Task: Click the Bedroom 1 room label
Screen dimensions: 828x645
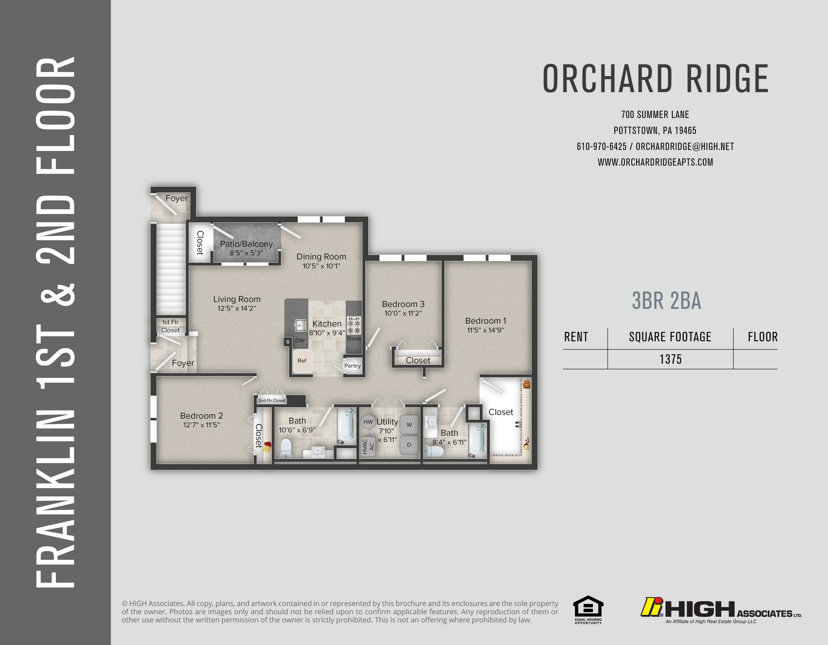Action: point(485,321)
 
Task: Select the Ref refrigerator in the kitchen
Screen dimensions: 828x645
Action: point(302,361)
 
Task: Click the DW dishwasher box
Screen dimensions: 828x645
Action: point(300,340)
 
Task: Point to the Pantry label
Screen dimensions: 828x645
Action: point(353,366)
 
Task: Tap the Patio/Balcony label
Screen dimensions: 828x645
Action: point(246,244)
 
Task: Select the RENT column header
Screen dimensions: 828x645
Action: point(576,337)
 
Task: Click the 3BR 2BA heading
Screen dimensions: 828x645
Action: point(666,301)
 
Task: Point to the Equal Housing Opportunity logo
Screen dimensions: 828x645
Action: point(588,610)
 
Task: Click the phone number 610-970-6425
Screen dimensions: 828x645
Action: point(602,146)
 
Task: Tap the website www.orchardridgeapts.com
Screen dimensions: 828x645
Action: point(655,162)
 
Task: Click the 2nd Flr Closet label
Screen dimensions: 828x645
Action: point(272,400)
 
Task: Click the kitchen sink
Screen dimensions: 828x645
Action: point(301,325)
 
